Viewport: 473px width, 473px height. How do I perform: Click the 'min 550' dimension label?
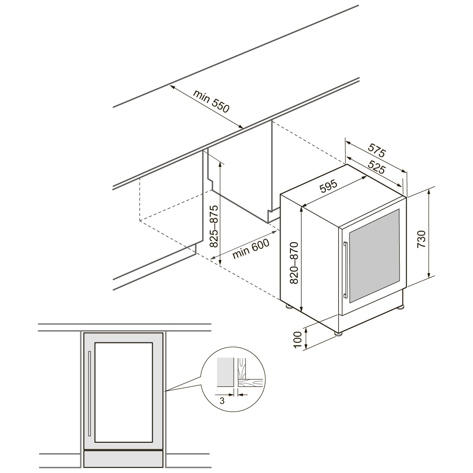point(211,101)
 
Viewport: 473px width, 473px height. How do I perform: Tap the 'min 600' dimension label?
point(251,248)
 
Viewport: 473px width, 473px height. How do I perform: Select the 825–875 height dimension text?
point(214,226)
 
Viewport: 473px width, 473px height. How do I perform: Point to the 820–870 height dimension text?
point(294,263)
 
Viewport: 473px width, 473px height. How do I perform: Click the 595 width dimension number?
point(328,186)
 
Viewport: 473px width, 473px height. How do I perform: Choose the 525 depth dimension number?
point(377,167)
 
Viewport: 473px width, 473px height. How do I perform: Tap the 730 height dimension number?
point(421,239)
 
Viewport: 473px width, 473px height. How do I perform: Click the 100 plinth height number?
point(298,340)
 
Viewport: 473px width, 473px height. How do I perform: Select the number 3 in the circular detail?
point(222,401)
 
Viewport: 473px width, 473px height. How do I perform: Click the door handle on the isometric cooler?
point(346,270)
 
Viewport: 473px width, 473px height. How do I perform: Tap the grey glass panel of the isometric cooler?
point(374,255)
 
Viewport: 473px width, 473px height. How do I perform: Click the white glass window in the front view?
point(123,392)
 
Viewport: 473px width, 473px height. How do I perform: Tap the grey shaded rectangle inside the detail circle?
point(225,372)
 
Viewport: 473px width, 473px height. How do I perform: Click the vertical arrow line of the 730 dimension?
point(429,232)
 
